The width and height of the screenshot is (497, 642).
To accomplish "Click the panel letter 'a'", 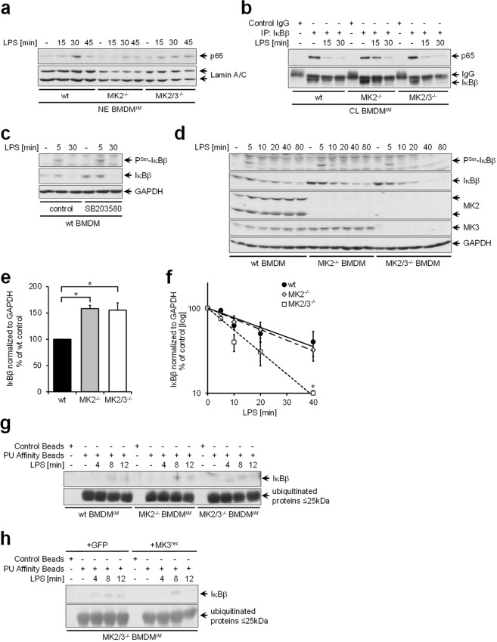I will (7, 9).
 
